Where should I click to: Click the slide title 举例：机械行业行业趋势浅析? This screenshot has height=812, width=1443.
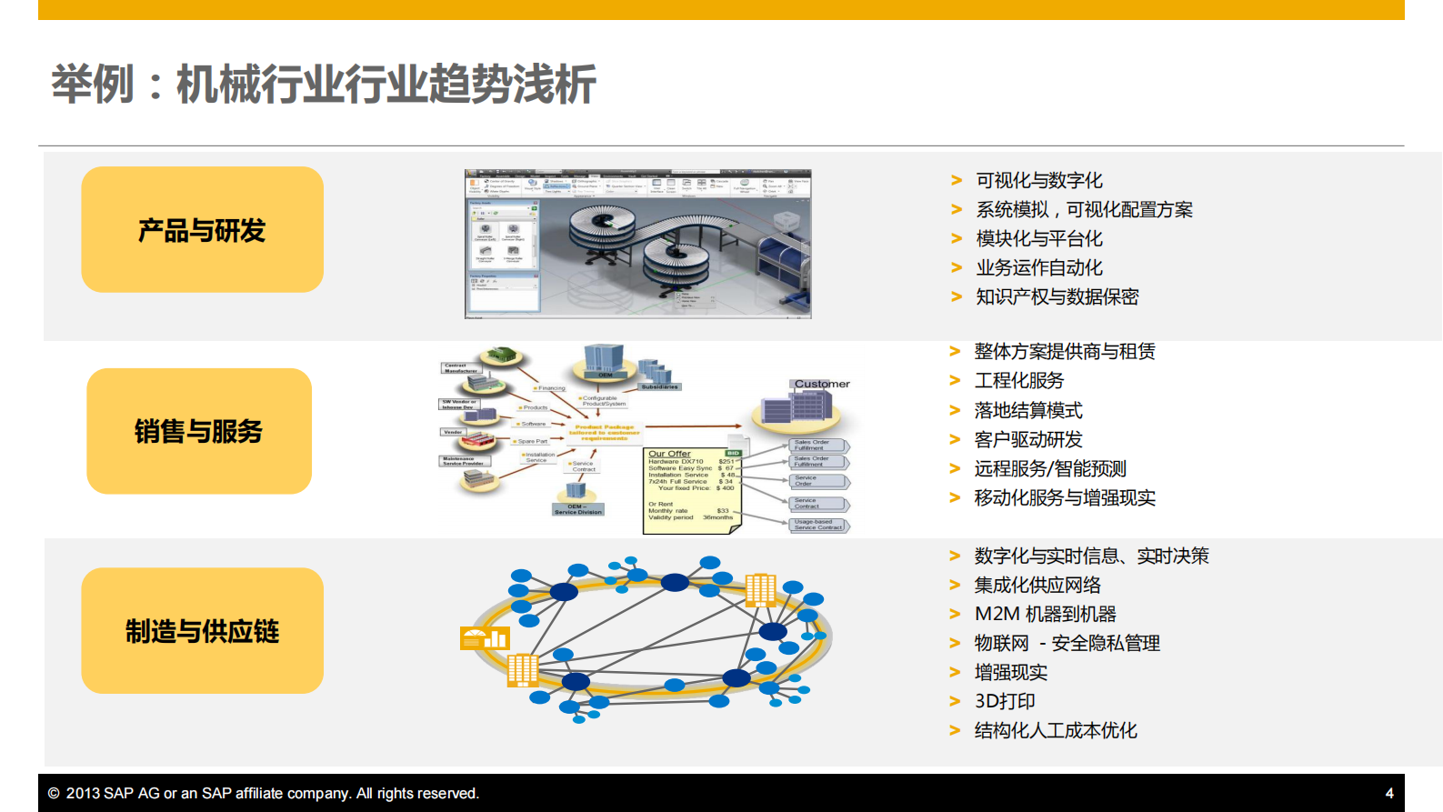324,85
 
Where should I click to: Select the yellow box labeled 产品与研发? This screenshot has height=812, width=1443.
202,230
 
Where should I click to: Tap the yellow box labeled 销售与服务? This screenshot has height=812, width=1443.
199,431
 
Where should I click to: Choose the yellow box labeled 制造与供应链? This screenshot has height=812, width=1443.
202,631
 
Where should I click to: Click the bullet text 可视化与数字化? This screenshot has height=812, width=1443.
1038,180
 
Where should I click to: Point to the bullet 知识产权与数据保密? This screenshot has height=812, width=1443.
1057,296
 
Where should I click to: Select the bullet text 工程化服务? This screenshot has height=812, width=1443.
1018,380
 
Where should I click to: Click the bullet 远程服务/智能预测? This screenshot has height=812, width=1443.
1049,468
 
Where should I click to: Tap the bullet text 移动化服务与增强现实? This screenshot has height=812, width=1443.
1064,497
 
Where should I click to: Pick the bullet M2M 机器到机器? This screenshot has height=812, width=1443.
1045,614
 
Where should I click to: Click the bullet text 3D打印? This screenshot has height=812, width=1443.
1005,701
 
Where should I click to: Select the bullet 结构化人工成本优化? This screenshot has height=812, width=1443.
1055,730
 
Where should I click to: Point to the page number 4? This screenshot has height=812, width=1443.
1388,793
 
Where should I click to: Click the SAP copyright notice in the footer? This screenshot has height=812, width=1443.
263,793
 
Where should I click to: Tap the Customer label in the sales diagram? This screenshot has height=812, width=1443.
822,384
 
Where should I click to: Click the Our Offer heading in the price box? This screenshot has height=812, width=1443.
669,454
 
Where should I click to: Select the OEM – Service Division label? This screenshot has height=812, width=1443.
578,509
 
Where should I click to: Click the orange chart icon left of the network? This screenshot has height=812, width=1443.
484,638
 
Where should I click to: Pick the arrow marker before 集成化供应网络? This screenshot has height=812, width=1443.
955,585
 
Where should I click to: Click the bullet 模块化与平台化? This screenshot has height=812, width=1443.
1038,238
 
